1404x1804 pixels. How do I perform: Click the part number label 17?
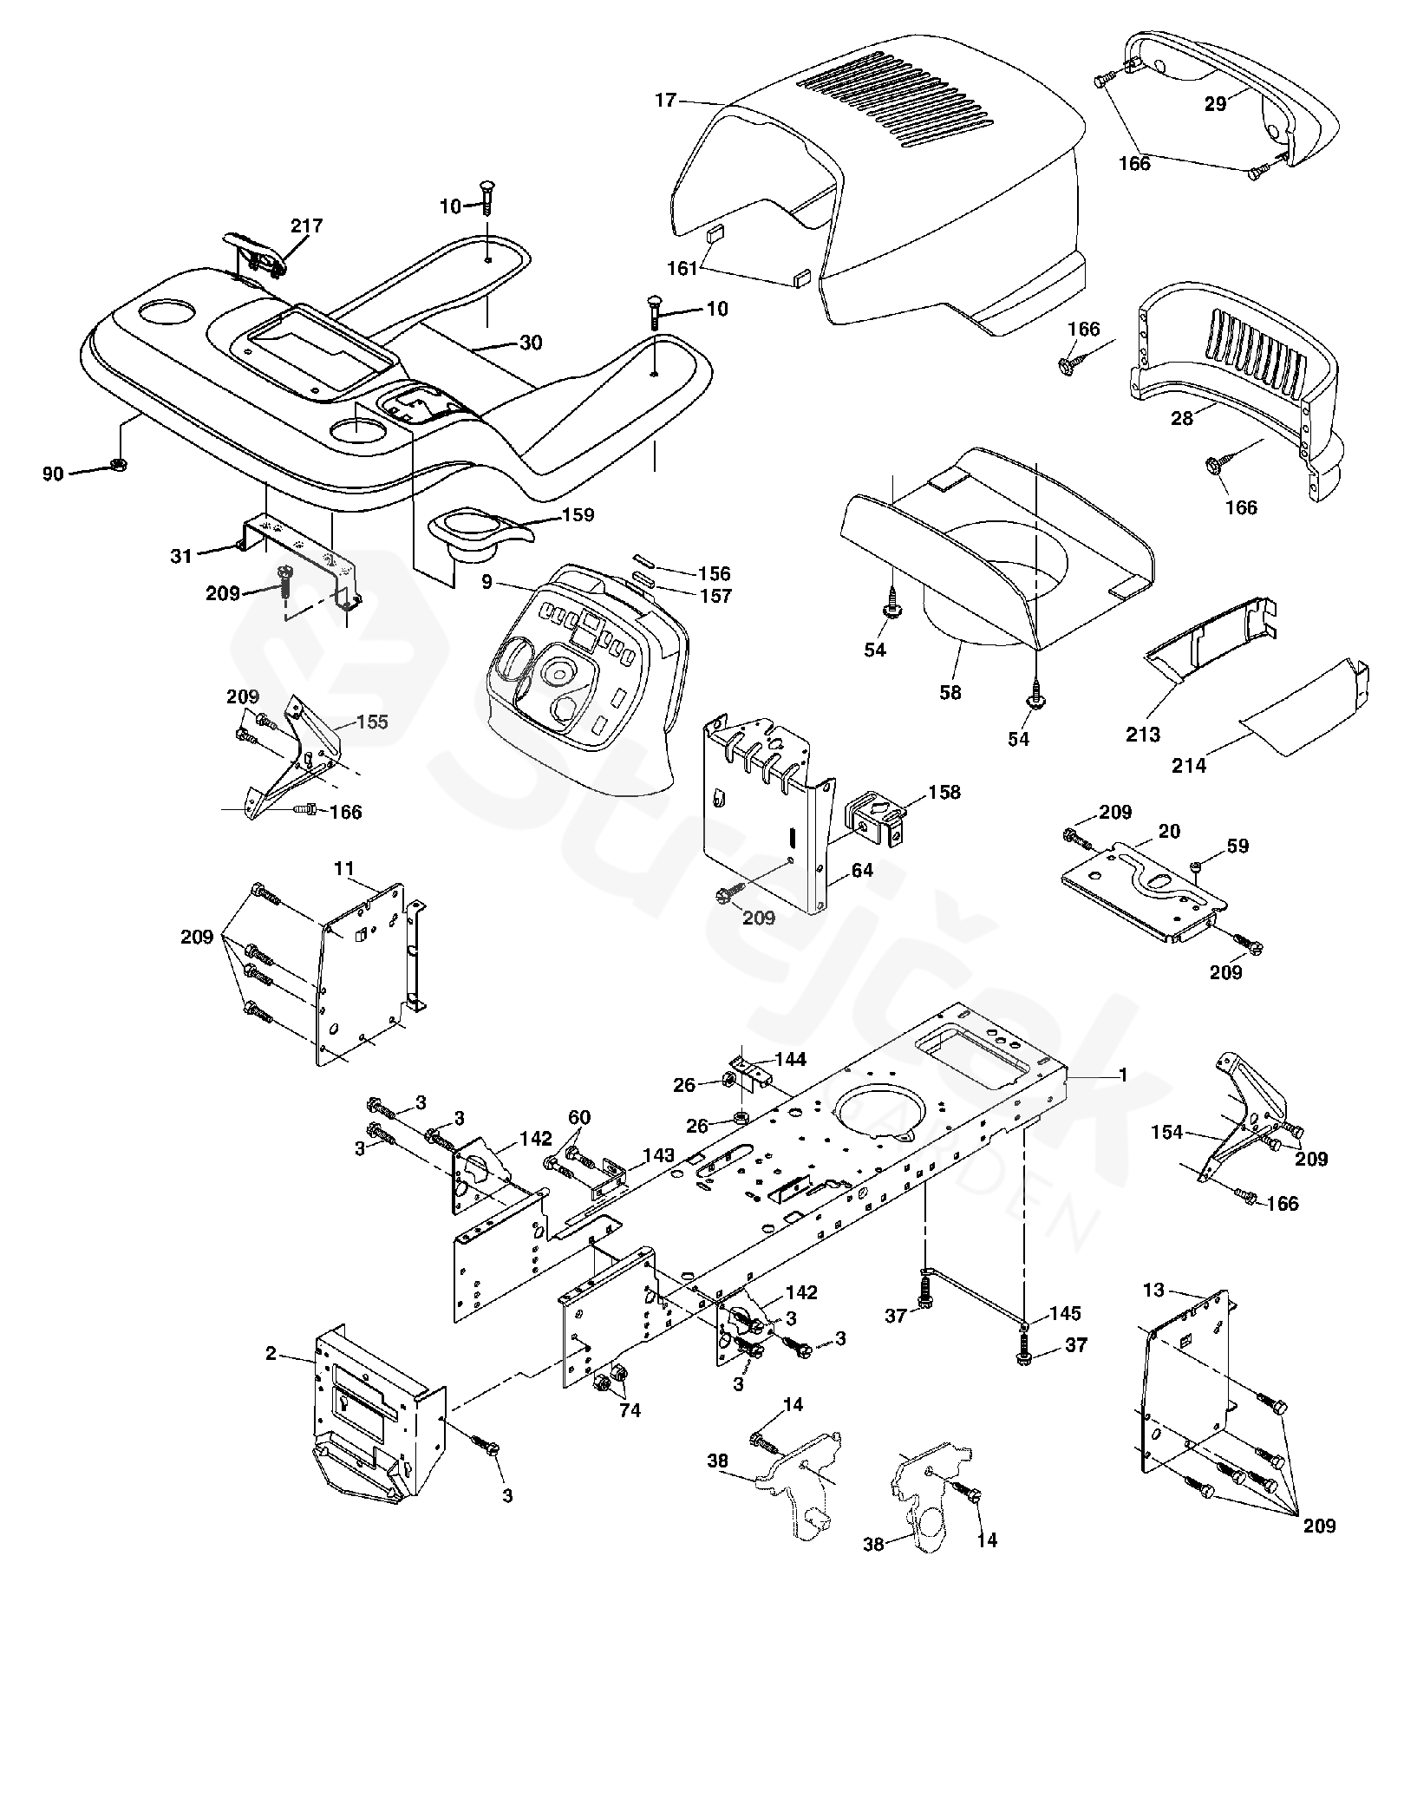tap(665, 101)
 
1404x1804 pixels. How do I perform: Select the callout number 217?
tap(306, 225)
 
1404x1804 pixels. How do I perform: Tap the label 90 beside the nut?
tap(53, 474)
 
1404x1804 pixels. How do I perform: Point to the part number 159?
tap(578, 514)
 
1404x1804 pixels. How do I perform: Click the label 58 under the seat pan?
tap(950, 693)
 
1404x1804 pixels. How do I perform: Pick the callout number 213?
tap(1142, 735)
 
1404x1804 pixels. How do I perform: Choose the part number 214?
tap(1188, 766)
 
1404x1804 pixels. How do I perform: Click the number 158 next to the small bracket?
tap(944, 792)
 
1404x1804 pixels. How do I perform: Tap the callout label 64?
tap(861, 870)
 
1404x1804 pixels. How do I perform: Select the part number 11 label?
tap(344, 867)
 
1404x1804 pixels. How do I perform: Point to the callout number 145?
tap(1065, 1312)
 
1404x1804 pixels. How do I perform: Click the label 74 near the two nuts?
tap(630, 1411)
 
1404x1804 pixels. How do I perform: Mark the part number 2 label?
tap(271, 1353)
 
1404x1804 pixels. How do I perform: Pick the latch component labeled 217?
tap(254, 254)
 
